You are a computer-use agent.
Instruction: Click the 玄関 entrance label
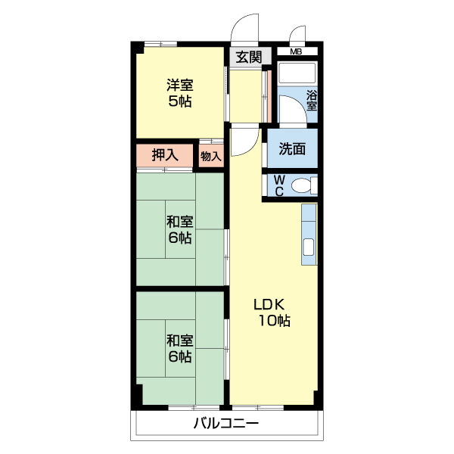[248, 56]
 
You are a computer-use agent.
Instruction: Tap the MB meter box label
[296, 51]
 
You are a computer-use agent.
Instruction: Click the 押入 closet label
[165, 155]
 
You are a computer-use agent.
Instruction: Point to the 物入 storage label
[211, 157]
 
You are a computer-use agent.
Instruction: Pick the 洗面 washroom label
[292, 149]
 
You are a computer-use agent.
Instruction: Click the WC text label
[278, 186]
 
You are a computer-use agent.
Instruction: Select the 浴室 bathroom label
[311, 101]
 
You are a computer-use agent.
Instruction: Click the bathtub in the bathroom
[298, 74]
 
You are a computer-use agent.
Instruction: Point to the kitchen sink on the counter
[309, 246]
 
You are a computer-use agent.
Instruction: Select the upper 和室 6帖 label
[179, 229]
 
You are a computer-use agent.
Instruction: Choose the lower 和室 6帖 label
[179, 347]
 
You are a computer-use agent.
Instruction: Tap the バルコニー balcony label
[225, 423]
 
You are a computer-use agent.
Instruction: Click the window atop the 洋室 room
[161, 43]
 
